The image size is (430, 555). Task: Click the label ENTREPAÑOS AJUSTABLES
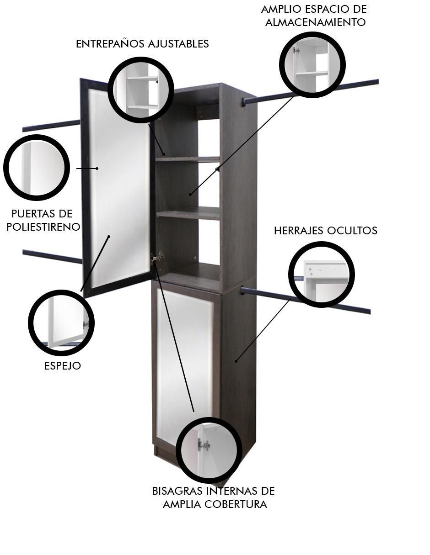[142, 44]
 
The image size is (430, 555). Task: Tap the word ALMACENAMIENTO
[315, 22]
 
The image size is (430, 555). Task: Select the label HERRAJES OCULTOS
[325, 231]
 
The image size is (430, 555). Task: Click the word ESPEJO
[62, 366]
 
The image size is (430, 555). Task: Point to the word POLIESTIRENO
[43, 227]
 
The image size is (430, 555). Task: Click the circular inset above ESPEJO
[61, 323]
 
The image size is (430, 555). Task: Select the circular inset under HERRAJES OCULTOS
[321, 275]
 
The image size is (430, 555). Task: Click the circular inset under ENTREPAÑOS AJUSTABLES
[141, 90]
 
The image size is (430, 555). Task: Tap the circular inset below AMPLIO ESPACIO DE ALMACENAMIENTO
[312, 65]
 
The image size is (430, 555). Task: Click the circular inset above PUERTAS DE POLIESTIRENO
[36, 168]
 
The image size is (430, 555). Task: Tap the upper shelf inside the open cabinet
[188, 159]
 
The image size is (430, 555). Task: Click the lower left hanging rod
[53, 256]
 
